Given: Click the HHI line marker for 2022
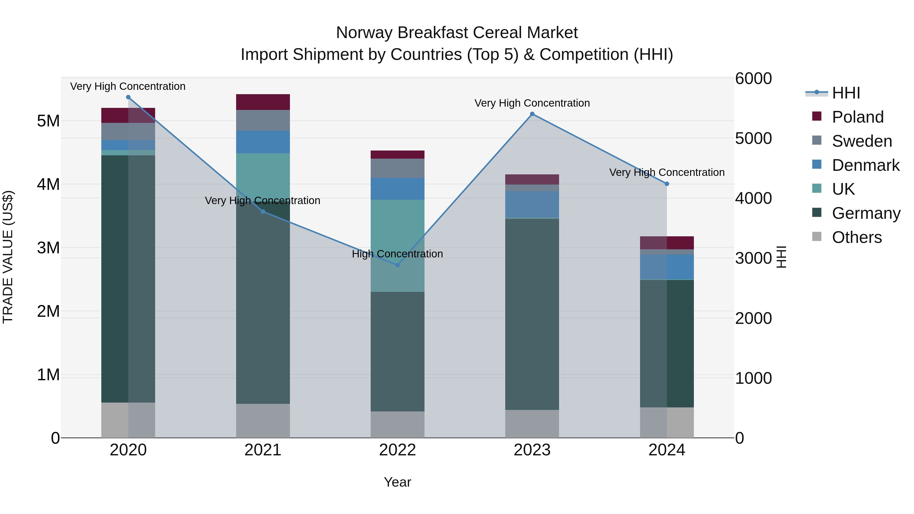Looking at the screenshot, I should click(x=397, y=265).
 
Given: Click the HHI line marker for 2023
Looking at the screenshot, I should click(x=532, y=114).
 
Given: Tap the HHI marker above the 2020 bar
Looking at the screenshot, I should click(x=128, y=97).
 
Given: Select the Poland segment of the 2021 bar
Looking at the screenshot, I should click(x=263, y=102).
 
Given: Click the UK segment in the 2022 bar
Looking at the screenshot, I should click(x=397, y=245).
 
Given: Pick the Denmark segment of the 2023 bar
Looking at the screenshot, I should click(x=532, y=204).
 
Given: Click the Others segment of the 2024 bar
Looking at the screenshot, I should click(x=667, y=422).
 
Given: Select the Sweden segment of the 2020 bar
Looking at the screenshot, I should click(x=128, y=131).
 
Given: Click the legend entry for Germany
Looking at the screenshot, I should click(x=866, y=213).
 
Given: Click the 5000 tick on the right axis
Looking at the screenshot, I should click(x=753, y=138).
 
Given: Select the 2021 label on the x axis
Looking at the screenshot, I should click(x=263, y=450).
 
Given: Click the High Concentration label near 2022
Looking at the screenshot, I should click(x=397, y=254).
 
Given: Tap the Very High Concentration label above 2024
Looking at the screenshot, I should click(x=667, y=172).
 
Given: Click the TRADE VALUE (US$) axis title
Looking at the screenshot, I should click(x=8, y=257).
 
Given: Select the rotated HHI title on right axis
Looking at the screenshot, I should click(x=782, y=257).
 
